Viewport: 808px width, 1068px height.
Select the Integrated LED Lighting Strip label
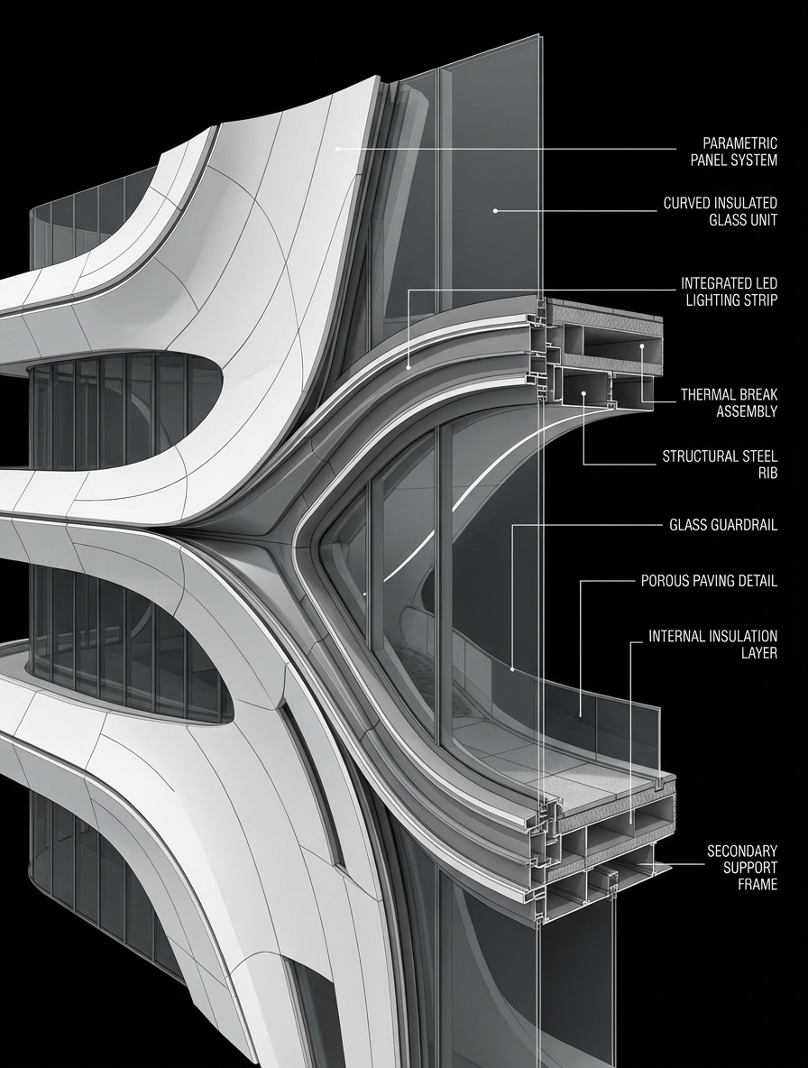(x=729, y=291)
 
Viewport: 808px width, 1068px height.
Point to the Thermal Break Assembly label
(x=729, y=403)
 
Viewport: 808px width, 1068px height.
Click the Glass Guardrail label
(x=723, y=525)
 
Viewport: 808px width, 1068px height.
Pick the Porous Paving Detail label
(x=709, y=581)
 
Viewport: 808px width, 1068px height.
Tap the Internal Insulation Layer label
(x=712, y=645)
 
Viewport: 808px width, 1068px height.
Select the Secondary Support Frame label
(x=741, y=868)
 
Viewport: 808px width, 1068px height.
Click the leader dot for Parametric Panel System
(x=338, y=148)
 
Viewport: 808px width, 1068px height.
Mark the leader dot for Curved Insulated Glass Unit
(x=494, y=211)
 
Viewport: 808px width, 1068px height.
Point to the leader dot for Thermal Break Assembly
(x=642, y=345)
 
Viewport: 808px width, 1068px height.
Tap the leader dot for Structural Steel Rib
(x=584, y=393)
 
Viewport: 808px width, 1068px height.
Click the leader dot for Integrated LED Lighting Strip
(x=409, y=366)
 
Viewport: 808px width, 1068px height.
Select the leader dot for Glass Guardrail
(x=512, y=669)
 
